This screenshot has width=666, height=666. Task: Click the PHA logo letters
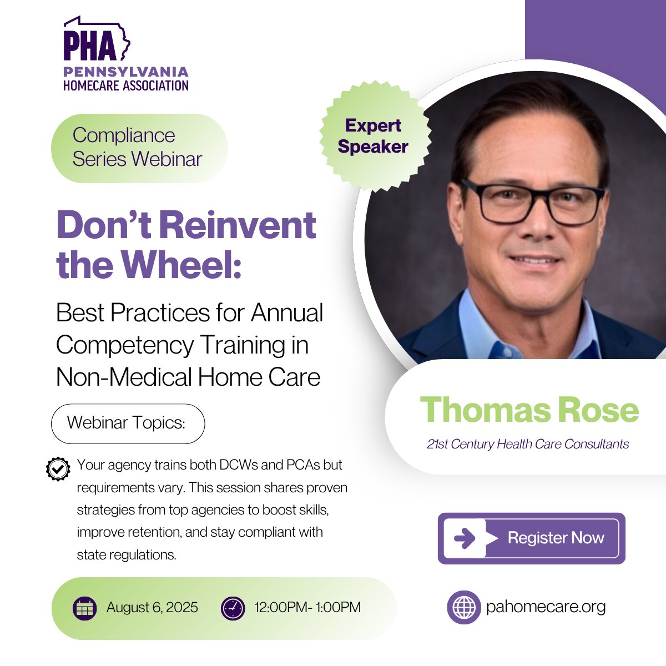pyautogui.click(x=90, y=46)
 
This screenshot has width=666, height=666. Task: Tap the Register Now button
pyautogui.click(x=531, y=538)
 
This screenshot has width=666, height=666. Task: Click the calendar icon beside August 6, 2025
pyautogui.click(x=84, y=608)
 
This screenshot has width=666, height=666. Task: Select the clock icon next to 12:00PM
pyautogui.click(x=233, y=608)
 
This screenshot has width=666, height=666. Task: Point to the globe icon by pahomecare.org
pyautogui.click(x=463, y=607)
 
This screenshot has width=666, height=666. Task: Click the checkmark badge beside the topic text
pyautogui.click(x=58, y=469)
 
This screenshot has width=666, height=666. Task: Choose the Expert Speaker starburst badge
pyautogui.click(x=373, y=137)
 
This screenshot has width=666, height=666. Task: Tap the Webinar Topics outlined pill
pyautogui.click(x=128, y=423)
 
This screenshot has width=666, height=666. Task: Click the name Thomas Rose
pyautogui.click(x=529, y=410)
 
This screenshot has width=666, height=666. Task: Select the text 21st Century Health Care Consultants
pyautogui.click(x=528, y=444)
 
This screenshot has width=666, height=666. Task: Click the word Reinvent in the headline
pyautogui.click(x=238, y=225)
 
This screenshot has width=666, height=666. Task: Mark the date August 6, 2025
pyautogui.click(x=152, y=608)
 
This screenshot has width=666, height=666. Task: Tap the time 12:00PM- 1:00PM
pyautogui.click(x=307, y=608)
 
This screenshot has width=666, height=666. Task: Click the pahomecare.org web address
pyautogui.click(x=546, y=607)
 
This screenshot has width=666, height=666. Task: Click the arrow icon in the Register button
pyautogui.click(x=464, y=538)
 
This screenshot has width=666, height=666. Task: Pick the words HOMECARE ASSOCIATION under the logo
pyautogui.click(x=126, y=85)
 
